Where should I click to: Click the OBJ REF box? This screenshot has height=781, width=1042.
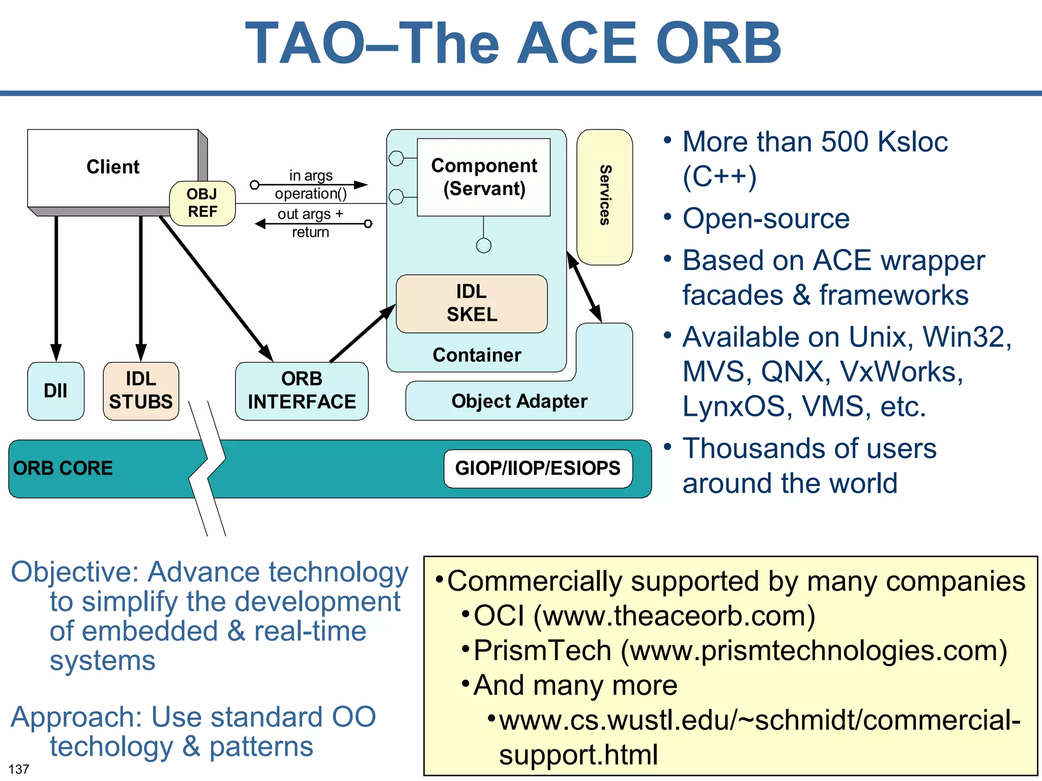pos(202,203)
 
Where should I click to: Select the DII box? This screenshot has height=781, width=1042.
pos(55,390)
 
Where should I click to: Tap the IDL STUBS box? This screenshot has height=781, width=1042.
pos(141,390)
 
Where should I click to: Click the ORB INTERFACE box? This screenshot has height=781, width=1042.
pos(302,390)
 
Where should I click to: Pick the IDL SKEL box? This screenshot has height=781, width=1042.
pos(472,304)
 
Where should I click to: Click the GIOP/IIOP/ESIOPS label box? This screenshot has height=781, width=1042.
pos(538,468)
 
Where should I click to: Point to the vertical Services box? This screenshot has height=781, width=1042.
pos(604,196)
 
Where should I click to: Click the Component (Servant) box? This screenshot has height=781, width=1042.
pos(483,177)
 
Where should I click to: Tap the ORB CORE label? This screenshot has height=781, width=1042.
pos(63,468)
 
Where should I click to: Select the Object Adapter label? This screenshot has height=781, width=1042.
pos(519,401)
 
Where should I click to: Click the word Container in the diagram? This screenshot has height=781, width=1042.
pos(477,355)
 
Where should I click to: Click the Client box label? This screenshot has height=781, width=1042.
pos(112,167)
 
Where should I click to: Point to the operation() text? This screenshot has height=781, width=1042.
pos(310,194)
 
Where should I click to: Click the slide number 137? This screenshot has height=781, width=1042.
pos(19,769)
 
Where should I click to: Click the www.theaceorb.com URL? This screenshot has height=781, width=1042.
pos(674,616)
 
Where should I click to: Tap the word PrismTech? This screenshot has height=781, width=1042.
pos(542,650)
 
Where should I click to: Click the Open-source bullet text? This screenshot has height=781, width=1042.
pos(766,219)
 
